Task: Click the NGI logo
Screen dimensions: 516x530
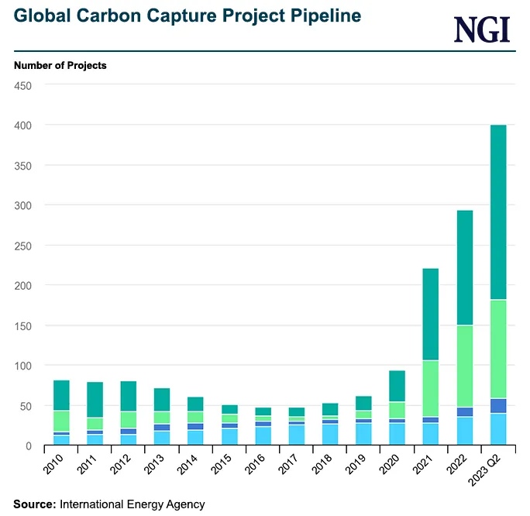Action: pos(481,29)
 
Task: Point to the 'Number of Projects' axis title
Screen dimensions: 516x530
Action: pos(60,66)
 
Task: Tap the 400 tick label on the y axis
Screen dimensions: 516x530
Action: pos(22,125)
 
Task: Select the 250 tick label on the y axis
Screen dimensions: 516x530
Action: pos(22,245)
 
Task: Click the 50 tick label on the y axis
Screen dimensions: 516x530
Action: pos(25,406)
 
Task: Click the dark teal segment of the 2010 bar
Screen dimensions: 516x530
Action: pos(62,395)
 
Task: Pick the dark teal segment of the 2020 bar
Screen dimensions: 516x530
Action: pos(397,386)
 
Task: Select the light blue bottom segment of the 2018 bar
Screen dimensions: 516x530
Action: pos(330,434)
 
